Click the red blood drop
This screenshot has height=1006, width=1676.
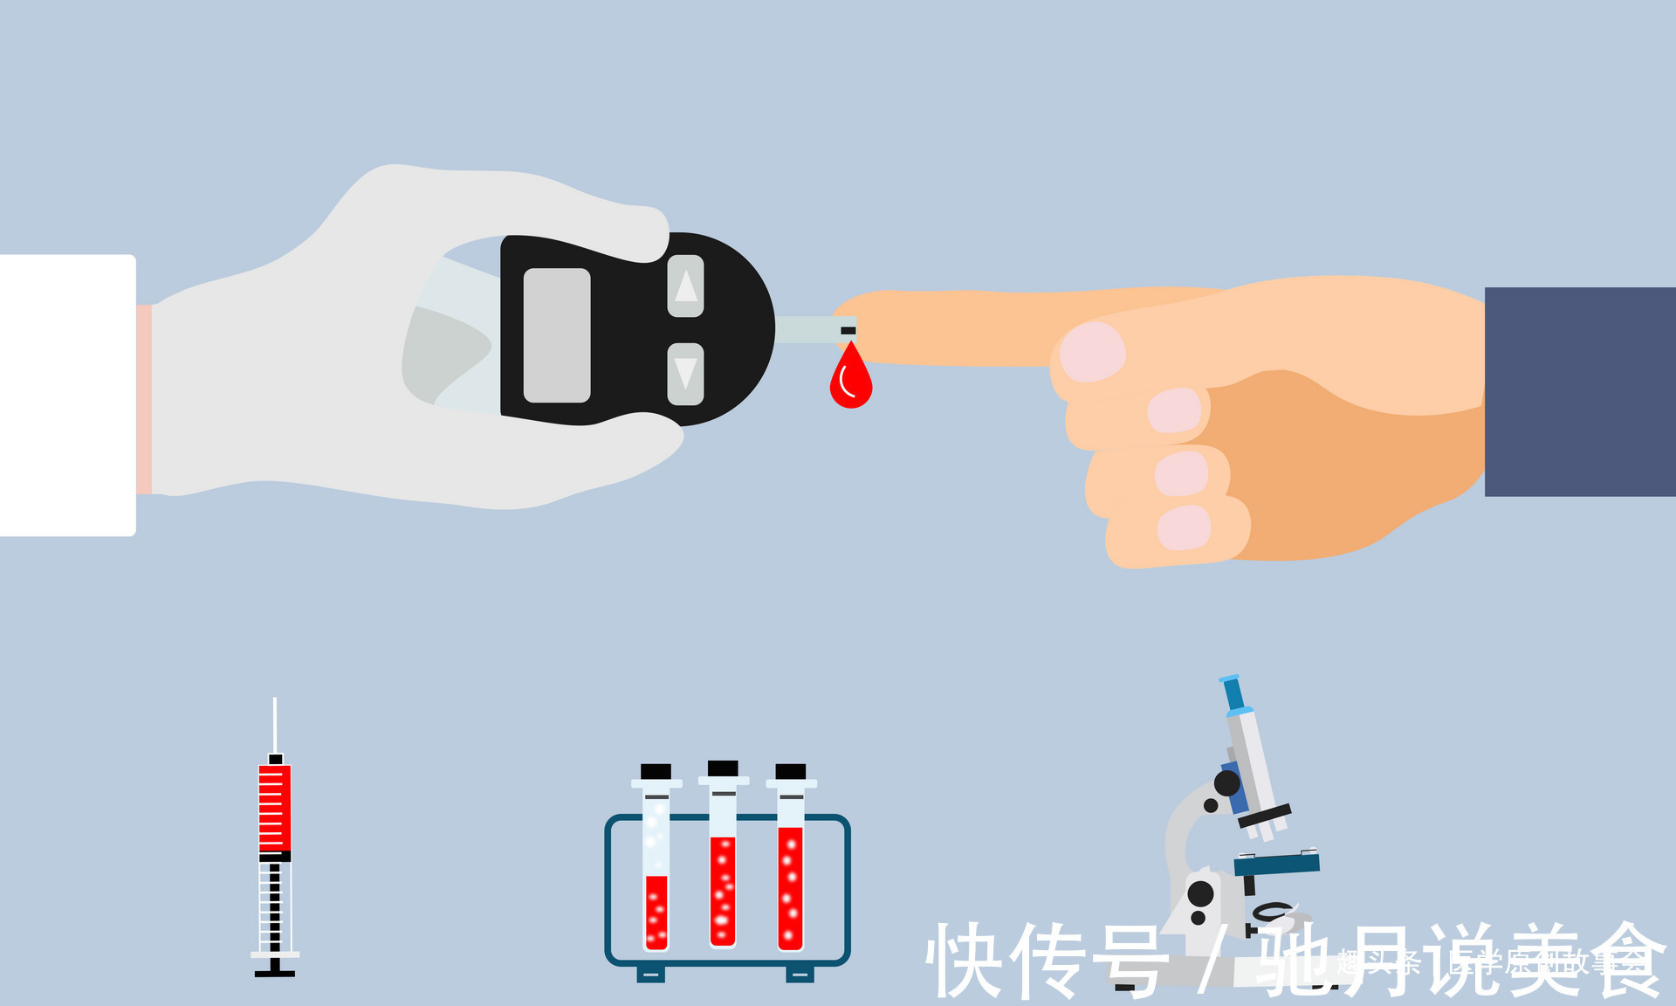[850, 382]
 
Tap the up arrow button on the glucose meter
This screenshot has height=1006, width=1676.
[686, 286]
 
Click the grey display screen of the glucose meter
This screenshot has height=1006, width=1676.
[557, 335]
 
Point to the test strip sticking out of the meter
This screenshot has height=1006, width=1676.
[812, 330]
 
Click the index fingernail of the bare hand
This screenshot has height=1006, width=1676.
[1091, 351]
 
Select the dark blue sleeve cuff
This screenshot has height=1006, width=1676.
[1580, 391]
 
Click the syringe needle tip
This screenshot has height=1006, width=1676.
[275, 701]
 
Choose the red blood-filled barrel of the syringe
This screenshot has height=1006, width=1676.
[275, 808]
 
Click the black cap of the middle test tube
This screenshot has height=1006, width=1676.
[723, 768]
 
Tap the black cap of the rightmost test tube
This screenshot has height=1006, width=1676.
[791, 771]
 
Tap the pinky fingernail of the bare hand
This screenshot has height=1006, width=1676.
[1184, 528]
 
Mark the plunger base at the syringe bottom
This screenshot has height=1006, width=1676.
[275, 972]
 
